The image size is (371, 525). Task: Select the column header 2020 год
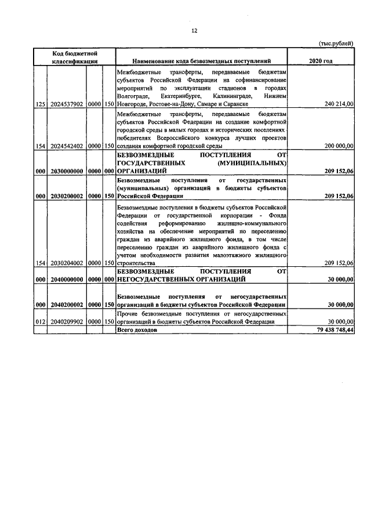[321, 60]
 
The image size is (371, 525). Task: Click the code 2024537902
[67, 103]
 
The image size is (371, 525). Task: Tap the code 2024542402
[67, 147]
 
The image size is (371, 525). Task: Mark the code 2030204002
[67, 263]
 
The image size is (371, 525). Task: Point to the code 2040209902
[67, 321]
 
